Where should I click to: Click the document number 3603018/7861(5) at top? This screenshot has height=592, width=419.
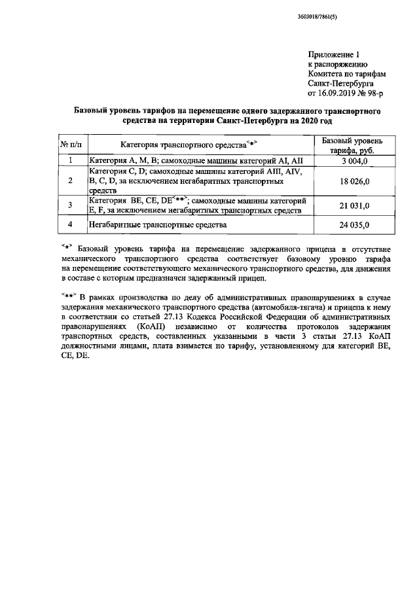(x=332, y=16)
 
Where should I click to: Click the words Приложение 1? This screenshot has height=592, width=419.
(x=334, y=55)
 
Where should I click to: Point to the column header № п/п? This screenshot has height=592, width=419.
(x=70, y=144)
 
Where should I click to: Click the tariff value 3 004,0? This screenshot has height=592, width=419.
(x=354, y=160)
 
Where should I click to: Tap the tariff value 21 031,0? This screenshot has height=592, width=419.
(x=354, y=205)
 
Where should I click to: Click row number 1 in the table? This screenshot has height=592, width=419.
(x=70, y=160)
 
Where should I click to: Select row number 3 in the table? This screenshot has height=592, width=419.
(x=70, y=205)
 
